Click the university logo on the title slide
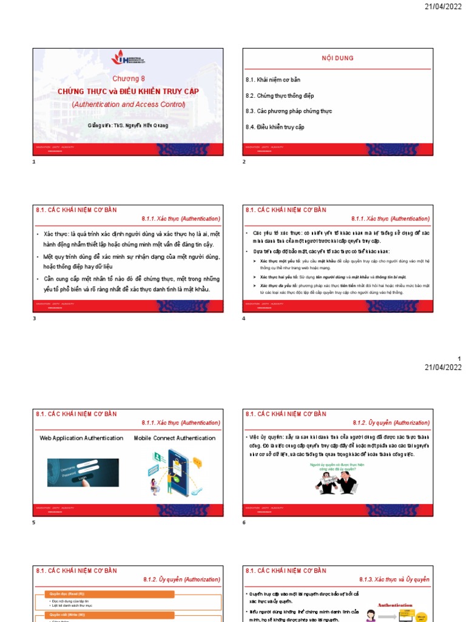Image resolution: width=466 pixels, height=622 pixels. tap(127, 59)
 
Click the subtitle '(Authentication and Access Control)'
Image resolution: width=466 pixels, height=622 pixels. tap(128, 104)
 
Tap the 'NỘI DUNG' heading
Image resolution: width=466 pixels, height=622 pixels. tap(337, 58)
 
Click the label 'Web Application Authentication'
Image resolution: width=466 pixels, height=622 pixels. tap(81, 438)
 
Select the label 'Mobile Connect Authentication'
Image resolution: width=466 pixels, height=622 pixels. tap(174, 438)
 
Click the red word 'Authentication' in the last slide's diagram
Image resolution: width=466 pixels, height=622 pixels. tap(395, 605)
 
